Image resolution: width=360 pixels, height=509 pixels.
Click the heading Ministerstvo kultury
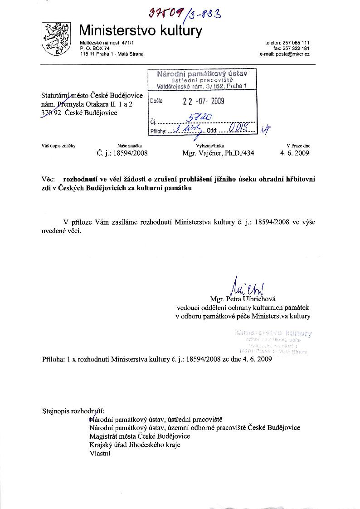(x=141, y=30)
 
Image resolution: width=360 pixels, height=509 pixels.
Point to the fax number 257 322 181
(x=297, y=48)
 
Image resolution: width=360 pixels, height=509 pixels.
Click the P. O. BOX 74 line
(x=95, y=48)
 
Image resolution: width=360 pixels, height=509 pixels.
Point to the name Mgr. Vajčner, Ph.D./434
(x=218, y=153)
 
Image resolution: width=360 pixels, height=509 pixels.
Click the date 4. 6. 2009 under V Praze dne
(x=295, y=153)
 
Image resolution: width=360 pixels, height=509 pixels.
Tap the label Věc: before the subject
(x=48, y=179)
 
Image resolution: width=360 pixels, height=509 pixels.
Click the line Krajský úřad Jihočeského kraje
(x=135, y=445)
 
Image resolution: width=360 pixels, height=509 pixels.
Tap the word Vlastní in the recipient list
(x=100, y=453)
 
